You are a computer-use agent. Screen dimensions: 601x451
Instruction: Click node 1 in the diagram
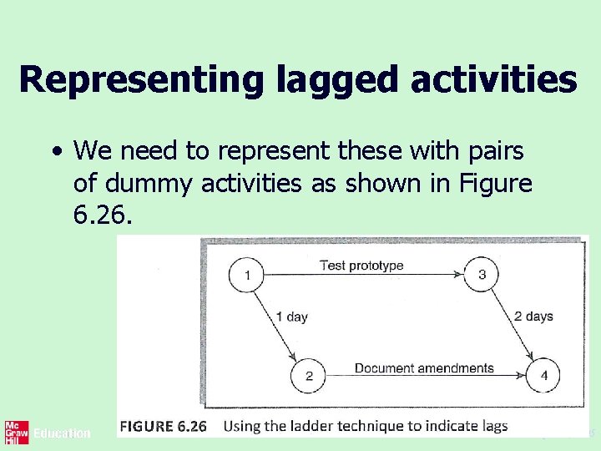click(x=247, y=275)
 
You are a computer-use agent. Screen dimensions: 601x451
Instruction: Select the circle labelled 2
click(x=309, y=375)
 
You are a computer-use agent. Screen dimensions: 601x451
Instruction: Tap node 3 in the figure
click(x=482, y=275)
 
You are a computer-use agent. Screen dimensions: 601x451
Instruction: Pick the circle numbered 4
click(x=544, y=375)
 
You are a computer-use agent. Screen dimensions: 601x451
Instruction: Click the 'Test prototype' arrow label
click(x=361, y=266)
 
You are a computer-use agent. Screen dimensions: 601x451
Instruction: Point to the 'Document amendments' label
click(x=424, y=367)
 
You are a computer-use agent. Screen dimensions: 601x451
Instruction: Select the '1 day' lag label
click(x=291, y=317)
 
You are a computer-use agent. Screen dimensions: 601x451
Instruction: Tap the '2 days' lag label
click(x=533, y=317)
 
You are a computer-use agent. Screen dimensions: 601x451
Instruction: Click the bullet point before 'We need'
click(x=55, y=153)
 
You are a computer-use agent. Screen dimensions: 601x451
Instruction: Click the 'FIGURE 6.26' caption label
click(x=163, y=426)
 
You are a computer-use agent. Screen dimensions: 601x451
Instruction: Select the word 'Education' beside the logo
click(x=62, y=433)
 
